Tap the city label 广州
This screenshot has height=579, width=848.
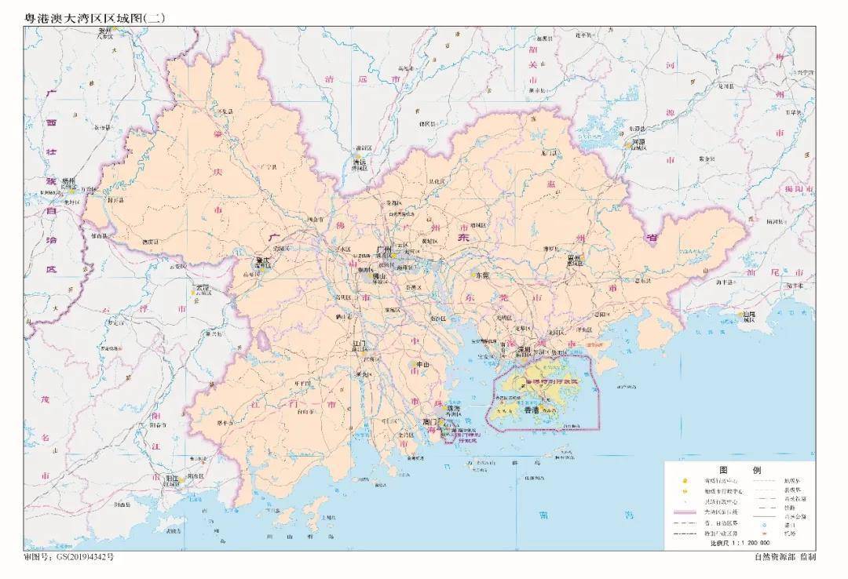tap(385, 249)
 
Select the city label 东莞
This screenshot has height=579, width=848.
tap(481, 275)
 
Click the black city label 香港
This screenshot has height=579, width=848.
tap(531, 410)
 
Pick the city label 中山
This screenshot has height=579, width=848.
tap(422, 365)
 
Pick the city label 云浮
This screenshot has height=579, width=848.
tap(203, 287)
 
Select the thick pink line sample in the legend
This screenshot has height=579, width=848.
tap(687, 510)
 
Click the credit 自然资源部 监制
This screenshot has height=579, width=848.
tap(784, 557)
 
